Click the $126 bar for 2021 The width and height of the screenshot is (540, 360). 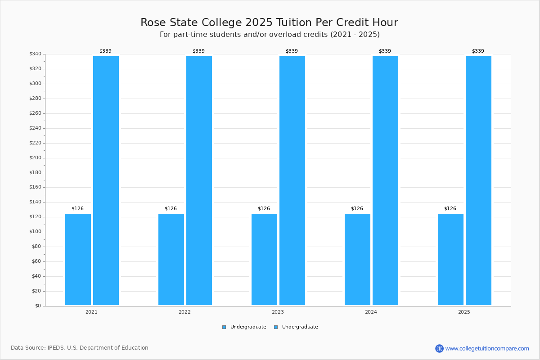(x=78, y=259)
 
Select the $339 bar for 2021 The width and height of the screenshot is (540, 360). (x=106, y=180)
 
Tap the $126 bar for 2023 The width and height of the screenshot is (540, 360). (x=264, y=259)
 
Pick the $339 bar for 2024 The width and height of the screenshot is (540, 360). (x=385, y=180)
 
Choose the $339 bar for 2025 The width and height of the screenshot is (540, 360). (x=478, y=180)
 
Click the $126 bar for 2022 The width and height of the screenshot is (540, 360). (x=171, y=259)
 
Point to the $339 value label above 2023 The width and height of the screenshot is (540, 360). (x=292, y=51)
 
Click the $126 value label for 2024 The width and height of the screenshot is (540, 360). (x=357, y=209)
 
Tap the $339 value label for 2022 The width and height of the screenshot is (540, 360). (x=198, y=51)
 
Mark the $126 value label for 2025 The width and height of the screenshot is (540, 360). (x=450, y=209)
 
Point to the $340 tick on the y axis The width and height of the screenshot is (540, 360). (x=35, y=54)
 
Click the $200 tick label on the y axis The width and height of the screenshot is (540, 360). (x=35, y=158)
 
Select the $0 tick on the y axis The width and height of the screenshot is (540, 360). (x=38, y=306)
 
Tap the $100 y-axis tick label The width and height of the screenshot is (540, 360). (x=35, y=232)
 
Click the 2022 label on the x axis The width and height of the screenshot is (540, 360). (x=184, y=312)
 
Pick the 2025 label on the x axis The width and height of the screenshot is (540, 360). (x=464, y=312)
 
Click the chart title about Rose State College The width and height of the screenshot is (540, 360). (x=269, y=22)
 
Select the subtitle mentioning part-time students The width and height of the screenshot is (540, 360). (x=270, y=35)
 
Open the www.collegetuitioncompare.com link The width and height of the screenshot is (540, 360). (x=487, y=348)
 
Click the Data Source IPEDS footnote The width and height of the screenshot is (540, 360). (x=80, y=348)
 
